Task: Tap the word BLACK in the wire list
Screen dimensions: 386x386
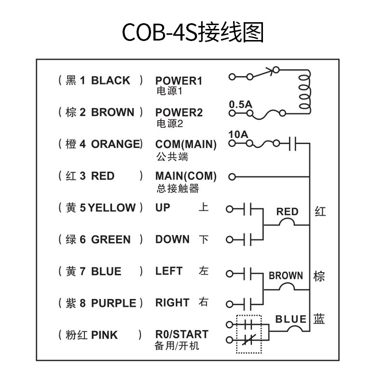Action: [110, 81]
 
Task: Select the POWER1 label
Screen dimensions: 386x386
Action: [179, 81]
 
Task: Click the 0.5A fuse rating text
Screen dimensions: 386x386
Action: [240, 104]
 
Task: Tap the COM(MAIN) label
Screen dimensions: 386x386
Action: [186, 144]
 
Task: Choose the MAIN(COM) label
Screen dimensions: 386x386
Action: [186, 176]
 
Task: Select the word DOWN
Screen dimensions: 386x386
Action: [172, 240]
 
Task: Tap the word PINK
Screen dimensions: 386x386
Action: [104, 335]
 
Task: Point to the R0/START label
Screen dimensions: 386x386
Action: [182, 334]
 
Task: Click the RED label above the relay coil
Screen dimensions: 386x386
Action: [287, 212]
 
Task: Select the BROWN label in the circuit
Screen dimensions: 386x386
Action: [286, 276]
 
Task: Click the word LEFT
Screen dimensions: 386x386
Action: [169, 271]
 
